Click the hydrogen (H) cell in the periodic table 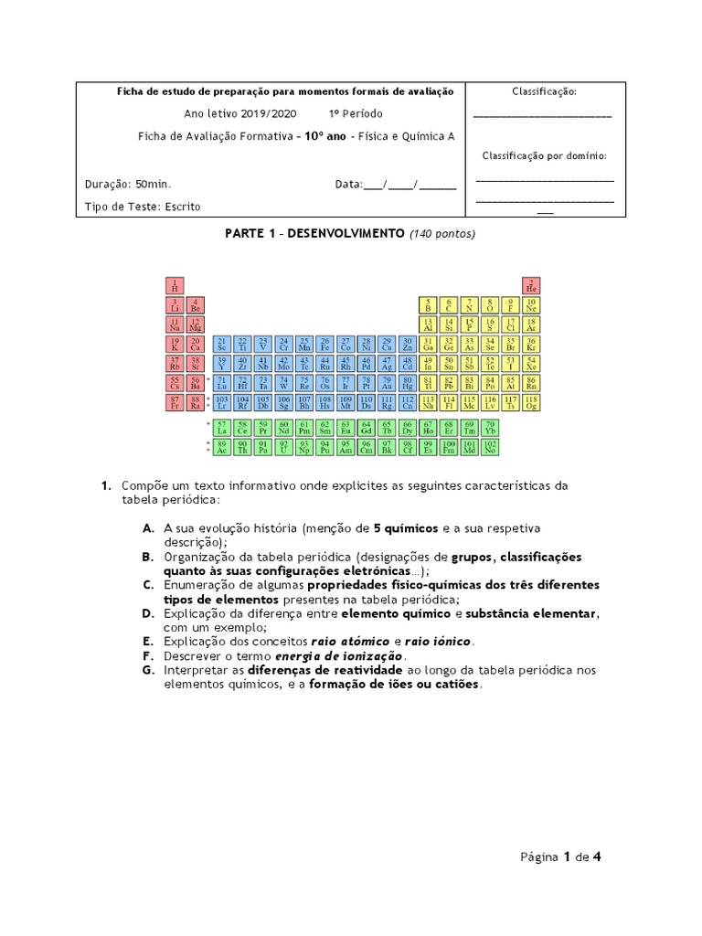point(175,285)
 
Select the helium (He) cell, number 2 point(531,285)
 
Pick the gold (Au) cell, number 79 point(388,384)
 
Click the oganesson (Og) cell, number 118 point(531,403)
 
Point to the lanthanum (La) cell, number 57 point(221,429)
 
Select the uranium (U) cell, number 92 point(283,448)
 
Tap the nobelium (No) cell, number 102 point(490,448)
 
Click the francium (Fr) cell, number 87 point(175,403)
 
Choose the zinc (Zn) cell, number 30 point(408,345)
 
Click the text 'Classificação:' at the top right point(544,91)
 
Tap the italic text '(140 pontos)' point(442,234)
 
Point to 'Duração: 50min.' point(128,184)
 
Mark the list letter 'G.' point(148,670)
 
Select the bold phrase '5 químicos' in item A point(406,528)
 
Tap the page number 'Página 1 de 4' point(560,857)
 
